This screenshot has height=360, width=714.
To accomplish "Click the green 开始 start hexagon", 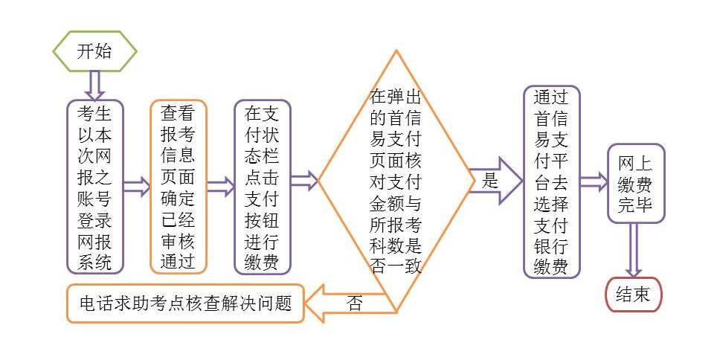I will (x=94, y=51).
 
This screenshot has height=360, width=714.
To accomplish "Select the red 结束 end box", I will (x=633, y=295).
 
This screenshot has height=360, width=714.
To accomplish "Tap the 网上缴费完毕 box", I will (x=635, y=183).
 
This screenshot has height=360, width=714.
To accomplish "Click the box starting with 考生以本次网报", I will (x=94, y=187).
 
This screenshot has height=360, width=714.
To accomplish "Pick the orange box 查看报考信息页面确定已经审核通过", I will (x=178, y=187).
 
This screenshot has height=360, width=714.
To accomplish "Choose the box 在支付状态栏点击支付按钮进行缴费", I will (x=262, y=187).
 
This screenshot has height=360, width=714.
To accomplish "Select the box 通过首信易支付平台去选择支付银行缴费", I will (x=551, y=182).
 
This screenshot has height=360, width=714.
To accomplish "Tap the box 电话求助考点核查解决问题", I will (x=185, y=303).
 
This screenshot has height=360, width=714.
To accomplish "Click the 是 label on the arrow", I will (x=490, y=180).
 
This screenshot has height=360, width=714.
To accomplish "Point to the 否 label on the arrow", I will (x=355, y=303).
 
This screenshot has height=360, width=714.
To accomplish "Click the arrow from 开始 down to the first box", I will (x=94, y=85).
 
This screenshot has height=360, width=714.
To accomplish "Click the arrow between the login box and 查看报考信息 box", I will (x=136, y=187).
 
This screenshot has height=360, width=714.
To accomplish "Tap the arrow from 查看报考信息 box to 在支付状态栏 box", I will (x=220, y=187).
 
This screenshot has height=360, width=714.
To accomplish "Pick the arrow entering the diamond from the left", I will (x=304, y=180).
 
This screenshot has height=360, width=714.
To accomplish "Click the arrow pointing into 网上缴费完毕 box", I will (x=594, y=182).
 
